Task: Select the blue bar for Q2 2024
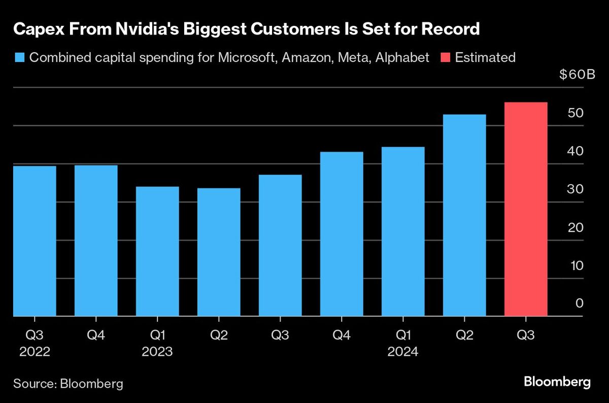coord(464,215)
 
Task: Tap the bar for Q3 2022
coord(35,241)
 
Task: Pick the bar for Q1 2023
coord(157,251)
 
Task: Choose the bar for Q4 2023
coord(342,234)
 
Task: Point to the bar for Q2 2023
coord(219,252)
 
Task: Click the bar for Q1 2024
coord(403,231)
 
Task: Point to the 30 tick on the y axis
coord(576,189)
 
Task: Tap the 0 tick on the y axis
coord(579,304)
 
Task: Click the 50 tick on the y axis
coord(576,113)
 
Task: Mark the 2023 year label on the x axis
coord(157,352)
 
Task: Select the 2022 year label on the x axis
coord(35,352)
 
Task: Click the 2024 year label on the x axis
coord(403,352)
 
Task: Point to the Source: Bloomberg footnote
coord(68,383)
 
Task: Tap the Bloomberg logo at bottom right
coord(557,382)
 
